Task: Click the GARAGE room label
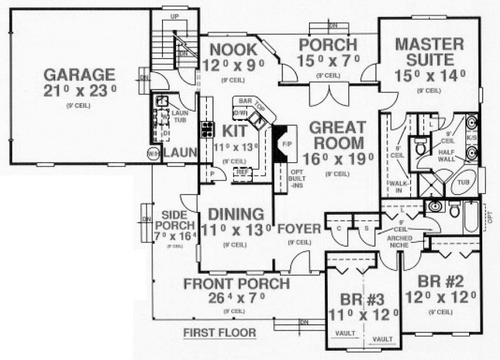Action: pyautogui.click(x=80, y=74)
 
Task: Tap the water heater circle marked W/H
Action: pyautogui.click(x=153, y=154)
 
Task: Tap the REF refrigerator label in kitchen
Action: pyautogui.click(x=241, y=172)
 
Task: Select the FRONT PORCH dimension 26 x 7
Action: pyautogui.click(x=236, y=298)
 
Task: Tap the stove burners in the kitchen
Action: pyautogui.click(x=207, y=129)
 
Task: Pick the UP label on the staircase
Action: pyautogui.click(x=174, y=17)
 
